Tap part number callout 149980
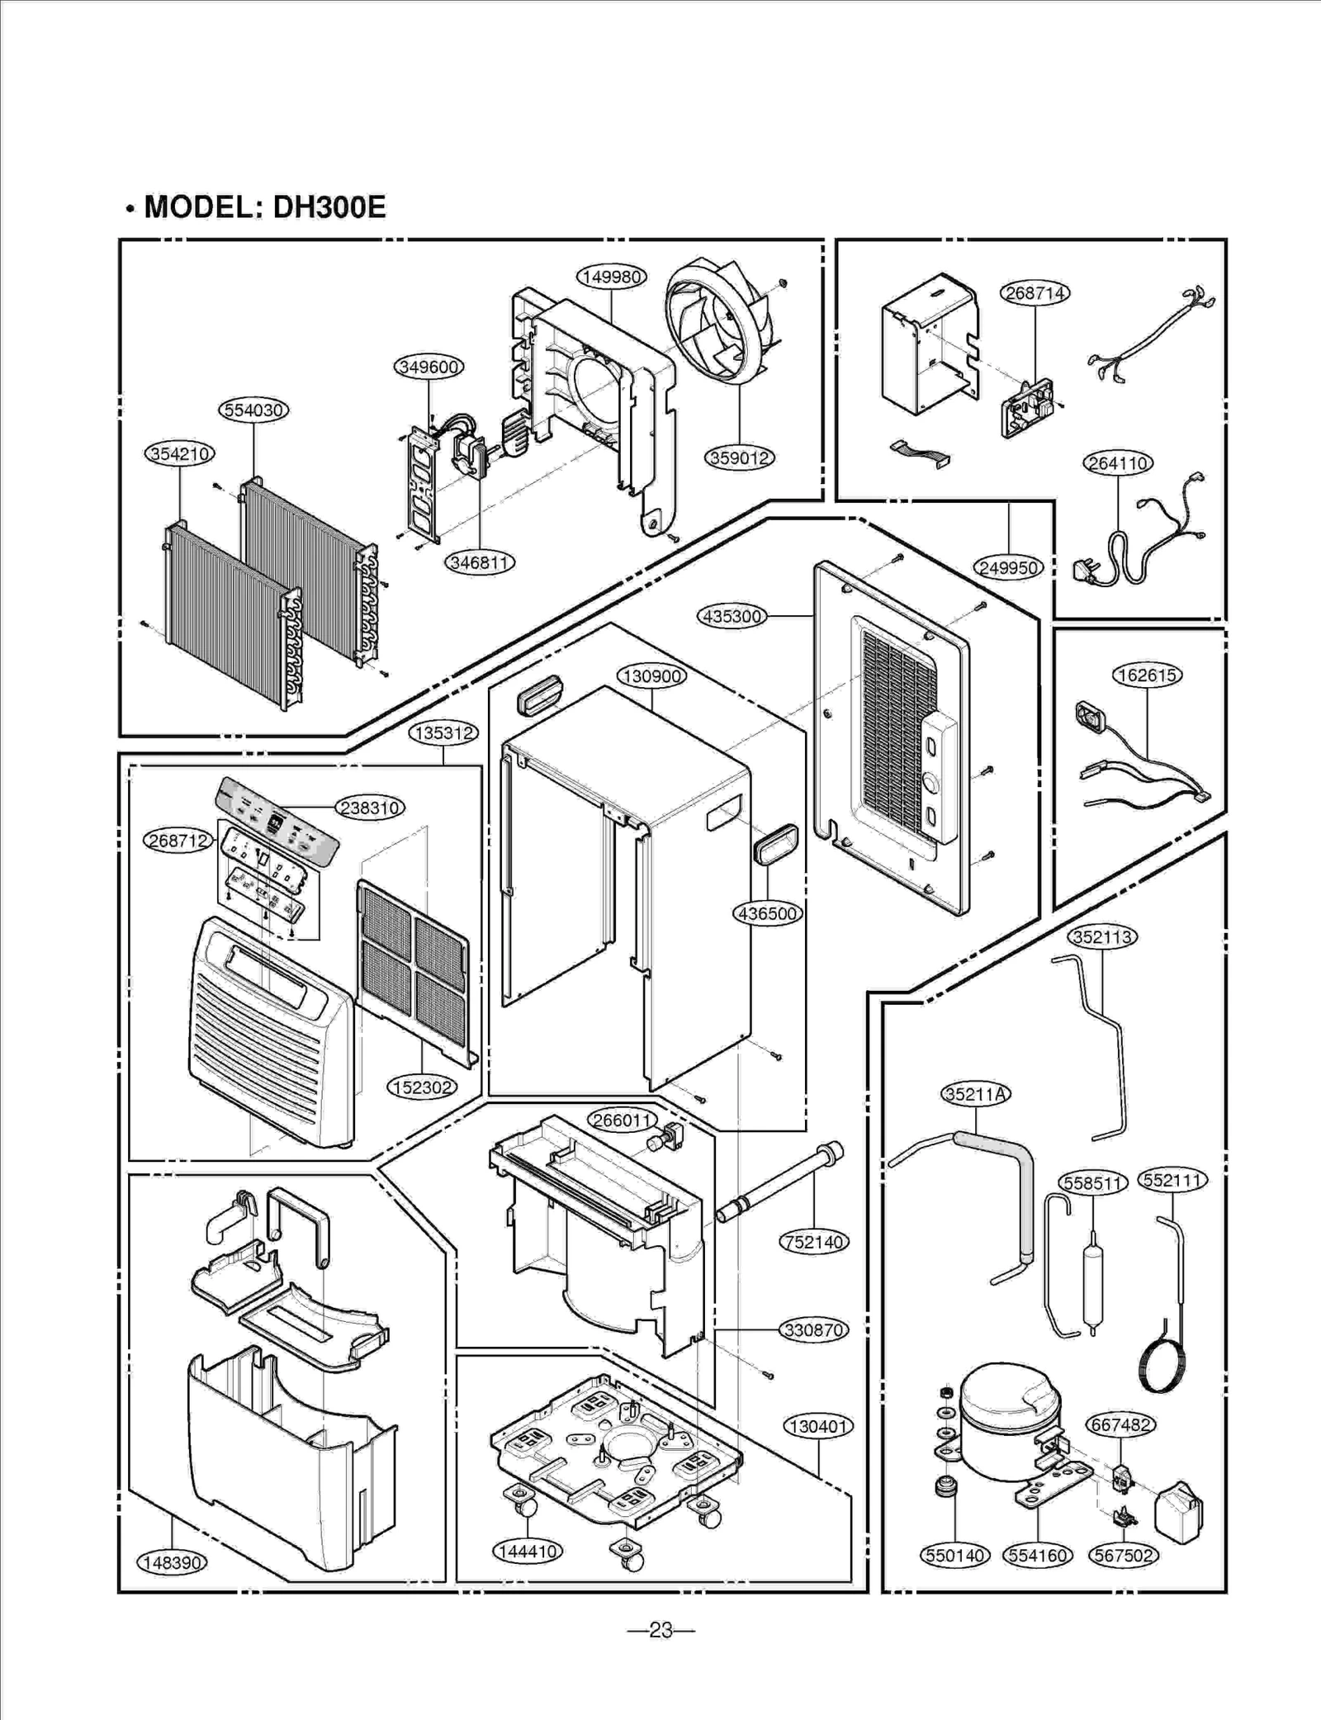611,277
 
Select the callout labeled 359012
740,457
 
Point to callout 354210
179,453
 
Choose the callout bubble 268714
1035,293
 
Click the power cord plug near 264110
1088,571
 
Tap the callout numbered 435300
732,616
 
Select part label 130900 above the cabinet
651,676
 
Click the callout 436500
768,913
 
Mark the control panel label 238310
370,808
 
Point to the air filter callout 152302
422,1087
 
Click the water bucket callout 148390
172,1562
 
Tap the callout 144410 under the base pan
527,1551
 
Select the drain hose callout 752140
814,1242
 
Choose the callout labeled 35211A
976,1094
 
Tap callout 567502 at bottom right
1123,1556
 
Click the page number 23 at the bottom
660,1630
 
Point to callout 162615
1147,675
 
